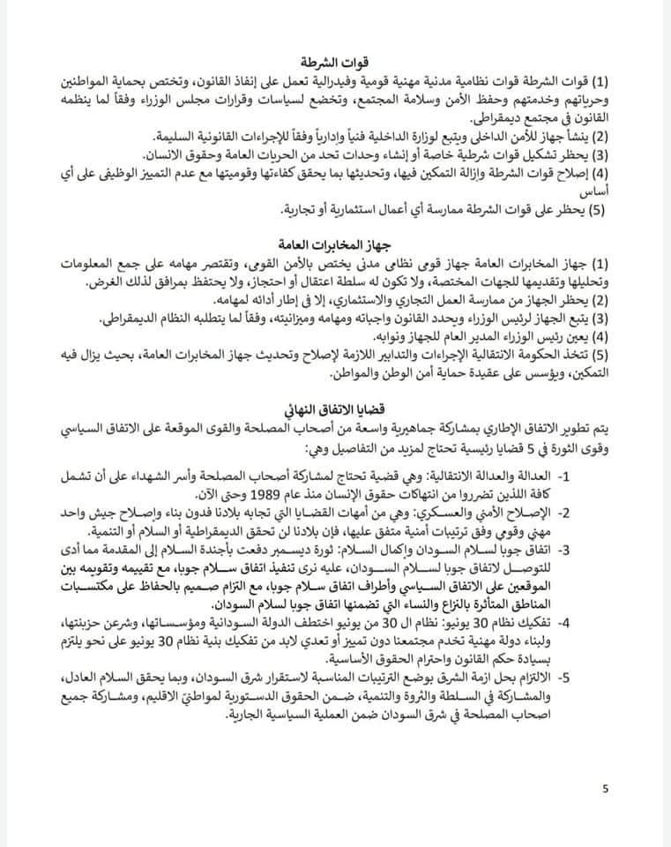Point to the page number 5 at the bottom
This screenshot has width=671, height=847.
click(605, 789)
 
